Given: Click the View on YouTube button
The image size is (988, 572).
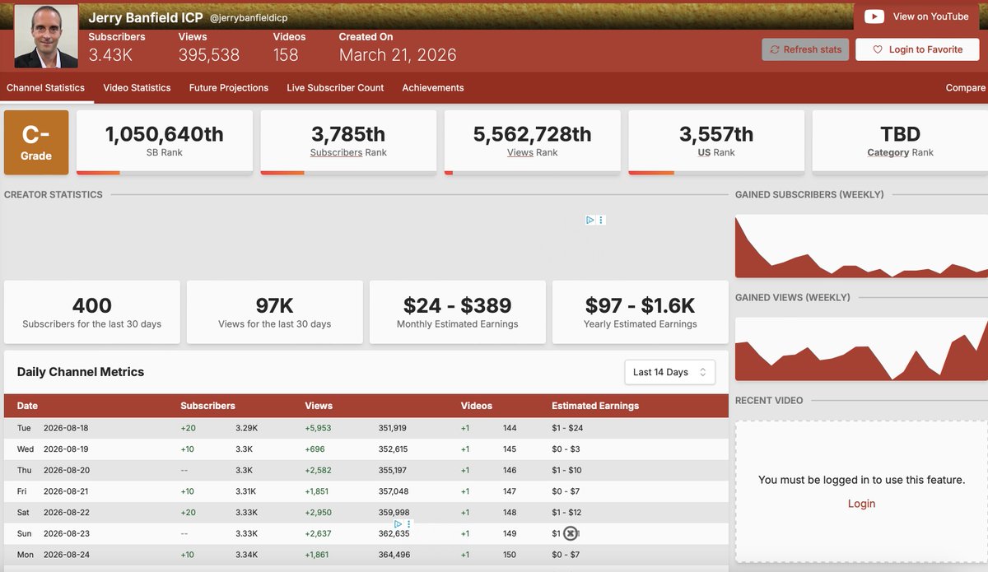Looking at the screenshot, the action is tap(916, 16).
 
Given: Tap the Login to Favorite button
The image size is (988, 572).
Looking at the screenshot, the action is tap(917, 49).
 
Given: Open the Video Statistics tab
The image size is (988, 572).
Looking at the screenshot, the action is tap(137, 88).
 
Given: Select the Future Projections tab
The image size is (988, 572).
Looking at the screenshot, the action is tap(229, 88).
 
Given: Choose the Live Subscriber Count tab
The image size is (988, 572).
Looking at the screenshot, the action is tap(335, 88).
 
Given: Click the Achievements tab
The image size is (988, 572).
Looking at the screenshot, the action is tap(433, 88).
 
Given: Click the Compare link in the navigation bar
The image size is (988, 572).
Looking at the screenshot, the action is tap(965, 88).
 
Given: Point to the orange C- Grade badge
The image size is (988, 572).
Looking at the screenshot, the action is tap(36, 142).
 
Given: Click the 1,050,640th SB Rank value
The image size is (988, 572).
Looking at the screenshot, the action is tap(164, 134).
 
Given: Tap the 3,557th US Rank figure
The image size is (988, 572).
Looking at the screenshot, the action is tap(716, 134).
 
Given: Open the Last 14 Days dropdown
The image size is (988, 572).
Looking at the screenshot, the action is tap(669, 372).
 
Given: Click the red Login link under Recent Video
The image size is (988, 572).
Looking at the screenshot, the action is tap(861, 504).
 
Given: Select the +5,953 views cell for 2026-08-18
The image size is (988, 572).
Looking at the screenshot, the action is tap(318, 428).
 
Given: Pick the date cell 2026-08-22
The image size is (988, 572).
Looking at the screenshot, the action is tap(67, 513).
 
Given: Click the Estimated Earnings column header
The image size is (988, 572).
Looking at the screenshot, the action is tap(595, 406).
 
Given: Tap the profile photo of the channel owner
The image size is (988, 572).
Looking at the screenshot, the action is tap(46, 36).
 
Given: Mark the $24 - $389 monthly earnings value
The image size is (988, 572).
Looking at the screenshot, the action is tap(458, 305).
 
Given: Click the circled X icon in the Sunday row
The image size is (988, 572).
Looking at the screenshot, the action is tap(571, 533).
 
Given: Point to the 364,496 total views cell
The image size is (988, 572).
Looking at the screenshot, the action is tap(394, 555).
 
